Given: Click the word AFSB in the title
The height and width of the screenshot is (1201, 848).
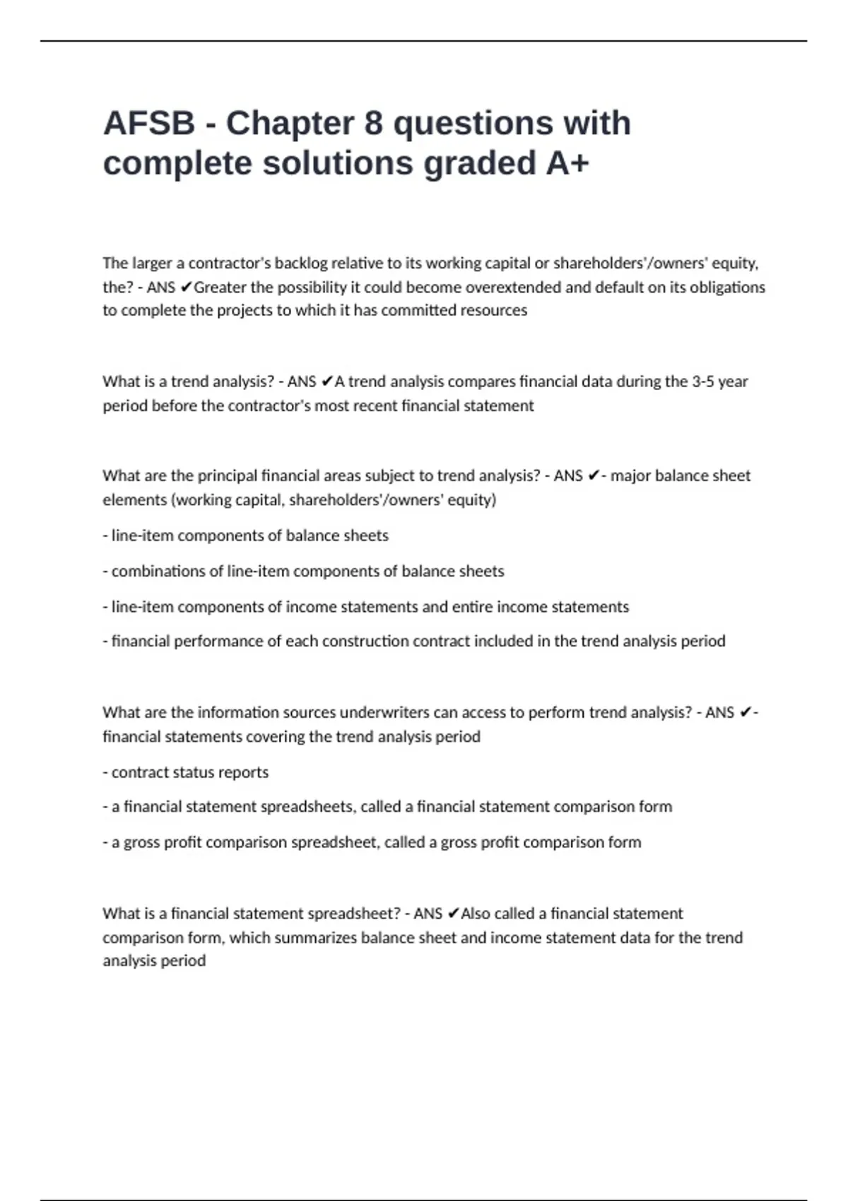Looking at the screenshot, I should point(149,123).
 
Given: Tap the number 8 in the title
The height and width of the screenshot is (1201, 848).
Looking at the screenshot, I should point(373,123).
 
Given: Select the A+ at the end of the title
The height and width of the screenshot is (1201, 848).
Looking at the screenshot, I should point(567,163).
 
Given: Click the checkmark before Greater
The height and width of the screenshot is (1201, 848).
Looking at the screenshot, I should point(187,287).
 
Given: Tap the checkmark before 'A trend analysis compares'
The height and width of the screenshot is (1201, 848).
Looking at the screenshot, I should point(326,381).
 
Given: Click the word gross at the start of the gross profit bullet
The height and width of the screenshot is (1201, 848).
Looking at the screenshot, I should point(141,842).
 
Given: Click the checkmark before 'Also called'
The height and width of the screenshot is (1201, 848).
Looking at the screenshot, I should point(454,913).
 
